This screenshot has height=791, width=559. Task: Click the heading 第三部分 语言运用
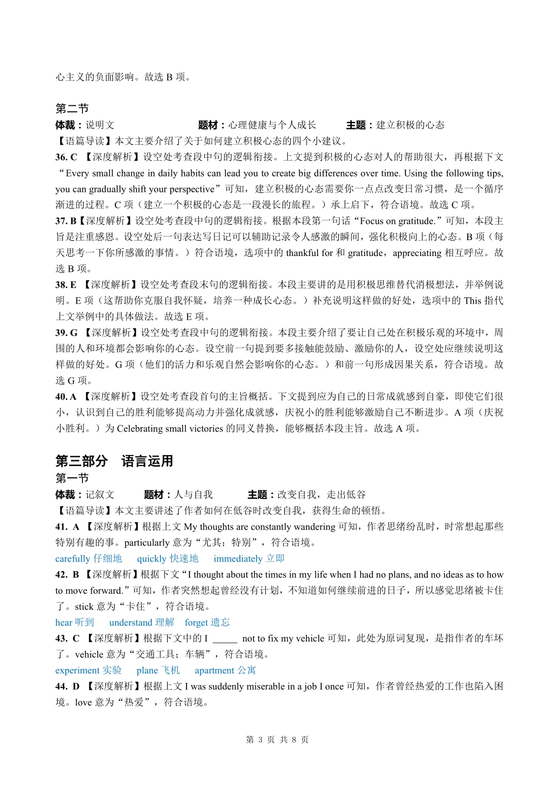(114, 461)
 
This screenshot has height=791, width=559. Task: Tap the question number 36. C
(66, 157)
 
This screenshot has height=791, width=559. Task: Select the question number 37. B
(66, 221)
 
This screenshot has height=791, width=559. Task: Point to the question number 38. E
(66, 284)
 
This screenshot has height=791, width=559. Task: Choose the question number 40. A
(66, 397)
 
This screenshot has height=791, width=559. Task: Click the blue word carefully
(72, 559)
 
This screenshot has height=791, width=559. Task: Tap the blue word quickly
(152, 559)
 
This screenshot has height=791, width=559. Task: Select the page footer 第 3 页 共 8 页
(277, 740)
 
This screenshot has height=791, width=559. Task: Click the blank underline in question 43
(225, 639)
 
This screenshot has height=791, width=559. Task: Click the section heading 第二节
(72, 108)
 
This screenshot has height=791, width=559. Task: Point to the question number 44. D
(67, 686)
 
